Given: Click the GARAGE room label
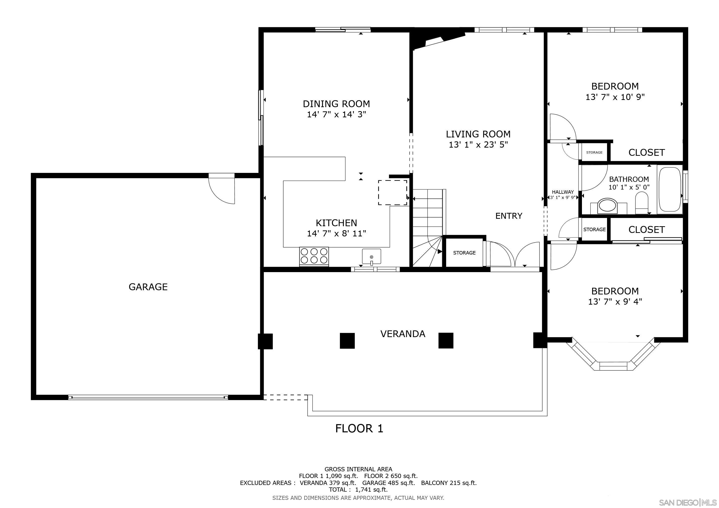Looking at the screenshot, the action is (148, 287).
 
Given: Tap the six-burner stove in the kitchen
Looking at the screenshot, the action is (314, 256).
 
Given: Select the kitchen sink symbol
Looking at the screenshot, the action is (371, 256).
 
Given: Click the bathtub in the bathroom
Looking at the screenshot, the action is (670, 190).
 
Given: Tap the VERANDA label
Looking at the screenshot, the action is (403, 334).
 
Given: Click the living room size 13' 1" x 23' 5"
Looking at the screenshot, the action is (478, 145).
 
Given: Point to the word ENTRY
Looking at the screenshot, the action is (509, 216).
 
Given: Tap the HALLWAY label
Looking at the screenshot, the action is (563, 192).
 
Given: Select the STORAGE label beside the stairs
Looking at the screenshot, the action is (465, 253).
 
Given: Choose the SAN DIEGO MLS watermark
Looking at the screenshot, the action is (688, 502).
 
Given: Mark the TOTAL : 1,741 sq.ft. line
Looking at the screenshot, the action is (358, 490).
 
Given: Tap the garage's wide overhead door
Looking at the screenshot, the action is (148, 397).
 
